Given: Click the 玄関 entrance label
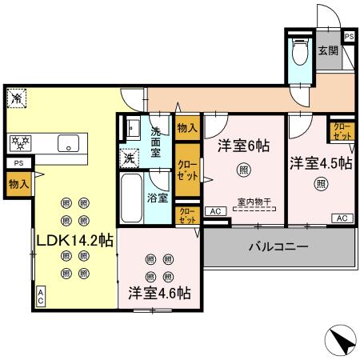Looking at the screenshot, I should (328, 51).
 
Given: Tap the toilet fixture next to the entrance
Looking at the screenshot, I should (300, 52).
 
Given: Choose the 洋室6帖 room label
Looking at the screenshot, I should (242, 146).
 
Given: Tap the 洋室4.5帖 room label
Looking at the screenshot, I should (320, 162).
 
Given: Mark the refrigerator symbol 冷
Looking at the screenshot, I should (16, 98).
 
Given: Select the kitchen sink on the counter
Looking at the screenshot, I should (67, 144).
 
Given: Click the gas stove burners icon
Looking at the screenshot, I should (19, 144).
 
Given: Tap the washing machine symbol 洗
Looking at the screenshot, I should (128, 158).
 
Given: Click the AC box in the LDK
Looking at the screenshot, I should (40, 297).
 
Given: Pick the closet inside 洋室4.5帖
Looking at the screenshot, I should (340, 131).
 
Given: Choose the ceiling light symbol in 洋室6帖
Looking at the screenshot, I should (242, 169).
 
